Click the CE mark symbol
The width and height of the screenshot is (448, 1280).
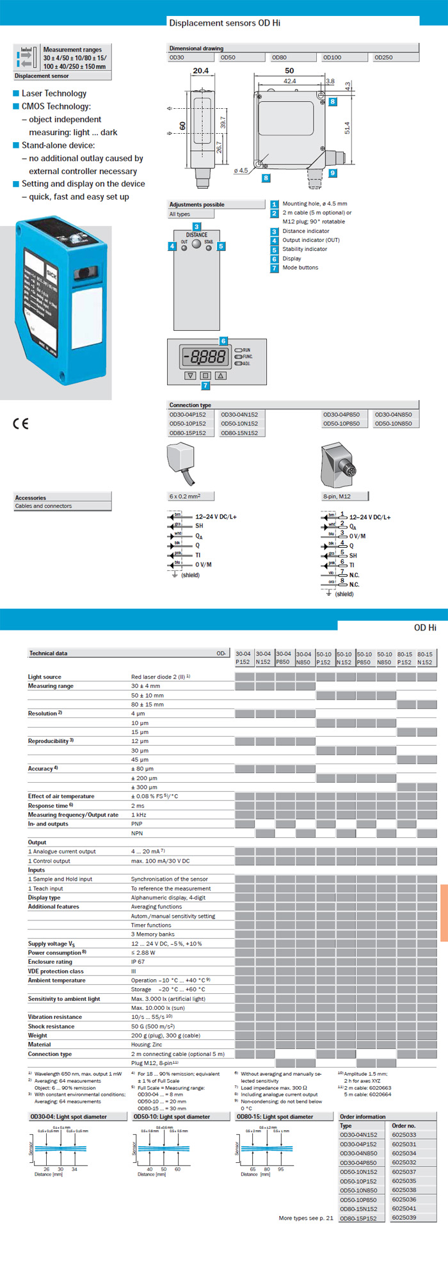pyautogui.click(x=21, y=423)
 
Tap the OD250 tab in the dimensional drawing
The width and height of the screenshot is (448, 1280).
pyautogui.click(x=384, y=58)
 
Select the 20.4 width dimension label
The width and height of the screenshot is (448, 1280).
pyautogui.click(x=200, y=71)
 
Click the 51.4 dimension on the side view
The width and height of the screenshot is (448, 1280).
pyautogui.click(x=347, y=128)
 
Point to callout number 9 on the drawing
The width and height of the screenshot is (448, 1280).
pyautogui.click(x=332, y=173)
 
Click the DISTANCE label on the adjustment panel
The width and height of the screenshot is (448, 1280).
pyautogui.click(x=196, y=235)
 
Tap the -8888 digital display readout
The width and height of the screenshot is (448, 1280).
pyautogui.click(x=204, y=357)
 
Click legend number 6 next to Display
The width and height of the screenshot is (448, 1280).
pyautogui.click(x=274, y=259)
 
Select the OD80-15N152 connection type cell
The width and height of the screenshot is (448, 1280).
pyautogui.click(x=239, y=433)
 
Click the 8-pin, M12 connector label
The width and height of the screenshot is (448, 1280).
pyautogui.click(x=337, y=496)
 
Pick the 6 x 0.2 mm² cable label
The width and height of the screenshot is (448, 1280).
pyautogui.click(x=185, y=496)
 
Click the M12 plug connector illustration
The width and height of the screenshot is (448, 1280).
pyautogui.click(x=337, y=465)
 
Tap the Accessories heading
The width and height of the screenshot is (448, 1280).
pyautogui.click(x=31, y=497)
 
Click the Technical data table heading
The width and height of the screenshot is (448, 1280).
pyautogui.click(x=48, y=653)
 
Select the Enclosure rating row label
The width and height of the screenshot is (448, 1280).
pyautogui.click(x=50, y=962)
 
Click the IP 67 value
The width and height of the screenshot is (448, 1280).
pyautogui.click(x=138, y=962)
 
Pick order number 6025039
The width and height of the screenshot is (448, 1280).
pyautogui.click(x=404, y=1217)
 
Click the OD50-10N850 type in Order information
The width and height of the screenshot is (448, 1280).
pyautogui.click(x=358, y=1190)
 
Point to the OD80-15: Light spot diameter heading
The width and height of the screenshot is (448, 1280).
pyautogui.click(x=275, y=1117)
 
